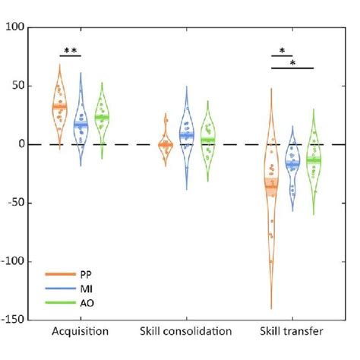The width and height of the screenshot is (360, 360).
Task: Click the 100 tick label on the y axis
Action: pos(14,27)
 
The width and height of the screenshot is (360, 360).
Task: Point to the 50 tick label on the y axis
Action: pos(17,86)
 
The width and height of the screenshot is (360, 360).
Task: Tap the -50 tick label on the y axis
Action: pos(14,203)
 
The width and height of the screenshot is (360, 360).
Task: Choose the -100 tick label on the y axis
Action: pos(12,261)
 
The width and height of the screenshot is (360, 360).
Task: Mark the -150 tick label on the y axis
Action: pos(12,320)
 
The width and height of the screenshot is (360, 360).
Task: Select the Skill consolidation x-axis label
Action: pos(186,332)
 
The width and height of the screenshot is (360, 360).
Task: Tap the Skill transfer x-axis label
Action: pos(291,332)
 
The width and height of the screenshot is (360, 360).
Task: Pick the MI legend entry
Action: pos(77,289)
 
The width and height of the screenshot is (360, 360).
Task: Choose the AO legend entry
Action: pos(77,303)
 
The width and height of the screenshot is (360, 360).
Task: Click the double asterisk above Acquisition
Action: pos(70,51)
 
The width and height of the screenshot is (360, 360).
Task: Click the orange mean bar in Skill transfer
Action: pos(270,183)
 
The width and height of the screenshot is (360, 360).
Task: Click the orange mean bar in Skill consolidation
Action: pos(165,144)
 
